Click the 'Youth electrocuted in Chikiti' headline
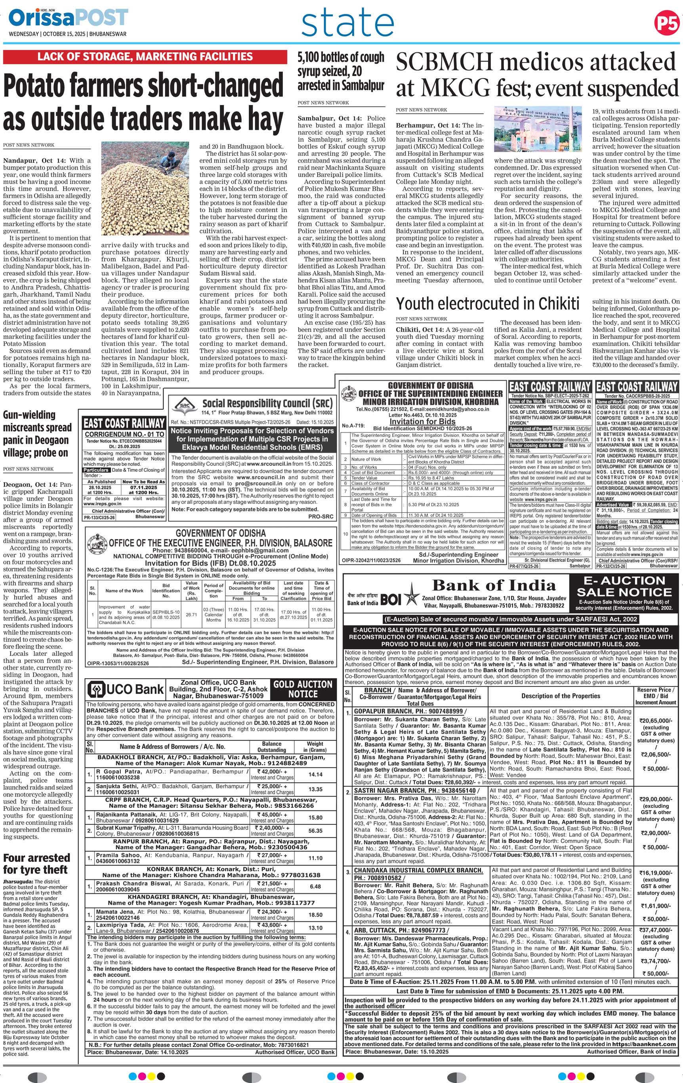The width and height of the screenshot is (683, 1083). [x=487, y=305]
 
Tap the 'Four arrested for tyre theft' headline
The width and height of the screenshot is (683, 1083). [x=36, y=863]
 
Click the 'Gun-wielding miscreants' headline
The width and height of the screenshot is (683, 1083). [x=37, y=434]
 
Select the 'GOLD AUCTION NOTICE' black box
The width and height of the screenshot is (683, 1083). [x=303, y=688]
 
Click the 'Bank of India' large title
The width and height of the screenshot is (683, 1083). [x=494, y=585]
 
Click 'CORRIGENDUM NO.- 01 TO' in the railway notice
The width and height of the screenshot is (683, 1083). [x=124, y=435]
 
